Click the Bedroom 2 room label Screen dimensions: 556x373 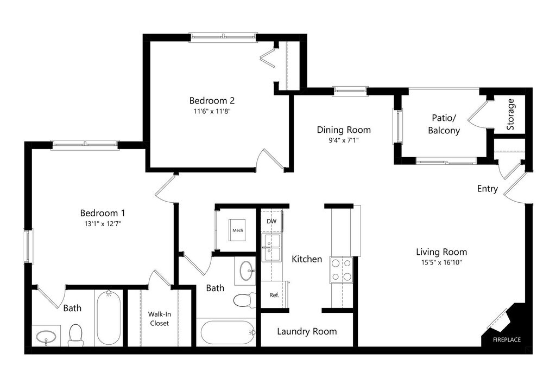click(x=212, y=100)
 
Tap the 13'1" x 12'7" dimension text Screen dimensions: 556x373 click(x=103, y=224)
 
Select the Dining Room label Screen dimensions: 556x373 click(x=344, y=130)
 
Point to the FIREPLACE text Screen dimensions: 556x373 click(x=507, y=340)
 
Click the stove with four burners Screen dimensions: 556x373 click(x=341, y=270)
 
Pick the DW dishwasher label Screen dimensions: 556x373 click(x=271, y=221)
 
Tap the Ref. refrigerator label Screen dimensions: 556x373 click(x=274, y=295)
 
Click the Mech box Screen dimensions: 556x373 click(x=237, y=230)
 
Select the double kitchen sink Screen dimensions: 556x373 click(x=271, y=247)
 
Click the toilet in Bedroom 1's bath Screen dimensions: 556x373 click(x=75, y=335)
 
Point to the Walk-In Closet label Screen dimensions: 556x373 click(x=159, y=318)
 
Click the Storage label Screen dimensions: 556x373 click(x=510, y=114)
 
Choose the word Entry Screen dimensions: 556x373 click(x=487, y=189)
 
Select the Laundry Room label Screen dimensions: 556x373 click(x=307, y=332)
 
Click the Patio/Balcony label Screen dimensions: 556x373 click(x=444, y=124)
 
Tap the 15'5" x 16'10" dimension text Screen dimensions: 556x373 click(x=441, y=262)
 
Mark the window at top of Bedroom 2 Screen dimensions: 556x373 click(x=223, y=36)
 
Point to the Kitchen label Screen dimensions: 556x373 click(x=307, y=259)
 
